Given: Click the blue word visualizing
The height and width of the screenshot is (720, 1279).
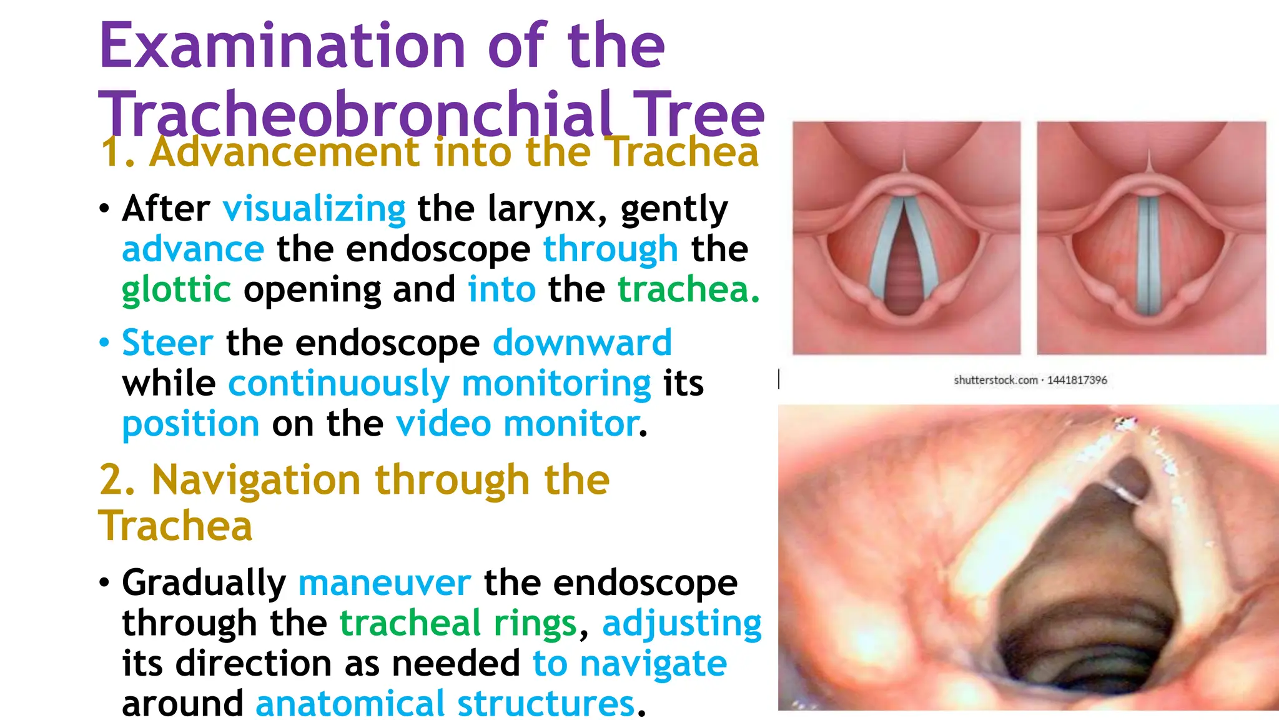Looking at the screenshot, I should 314,209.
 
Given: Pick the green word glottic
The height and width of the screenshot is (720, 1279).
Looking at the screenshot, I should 176,290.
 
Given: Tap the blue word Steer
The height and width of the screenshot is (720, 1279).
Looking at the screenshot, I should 167,343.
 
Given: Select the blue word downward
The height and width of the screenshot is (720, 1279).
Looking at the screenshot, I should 582,343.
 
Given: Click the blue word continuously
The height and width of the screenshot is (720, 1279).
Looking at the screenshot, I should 338,384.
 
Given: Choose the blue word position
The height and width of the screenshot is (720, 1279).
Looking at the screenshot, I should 190,424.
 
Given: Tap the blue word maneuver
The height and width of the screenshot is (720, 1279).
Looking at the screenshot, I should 384,583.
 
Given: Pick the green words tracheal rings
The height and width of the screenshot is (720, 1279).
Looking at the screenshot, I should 458,624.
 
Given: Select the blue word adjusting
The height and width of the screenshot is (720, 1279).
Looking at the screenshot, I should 681,624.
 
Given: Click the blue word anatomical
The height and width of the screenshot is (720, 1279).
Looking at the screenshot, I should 349,704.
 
